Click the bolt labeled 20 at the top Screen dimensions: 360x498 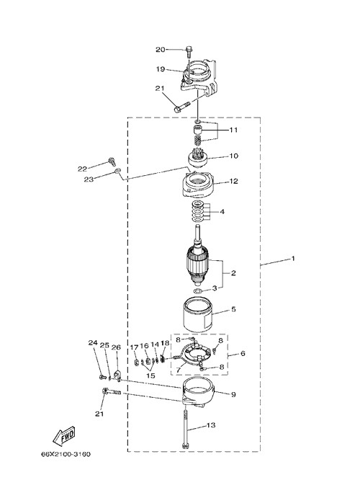(189, 51)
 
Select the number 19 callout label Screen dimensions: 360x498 (161, 68)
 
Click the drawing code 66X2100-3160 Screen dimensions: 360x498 (66, 454)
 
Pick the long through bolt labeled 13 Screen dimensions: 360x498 (185, 428)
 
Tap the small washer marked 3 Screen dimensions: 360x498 (197, 291)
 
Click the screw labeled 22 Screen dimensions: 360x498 (112, 161)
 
